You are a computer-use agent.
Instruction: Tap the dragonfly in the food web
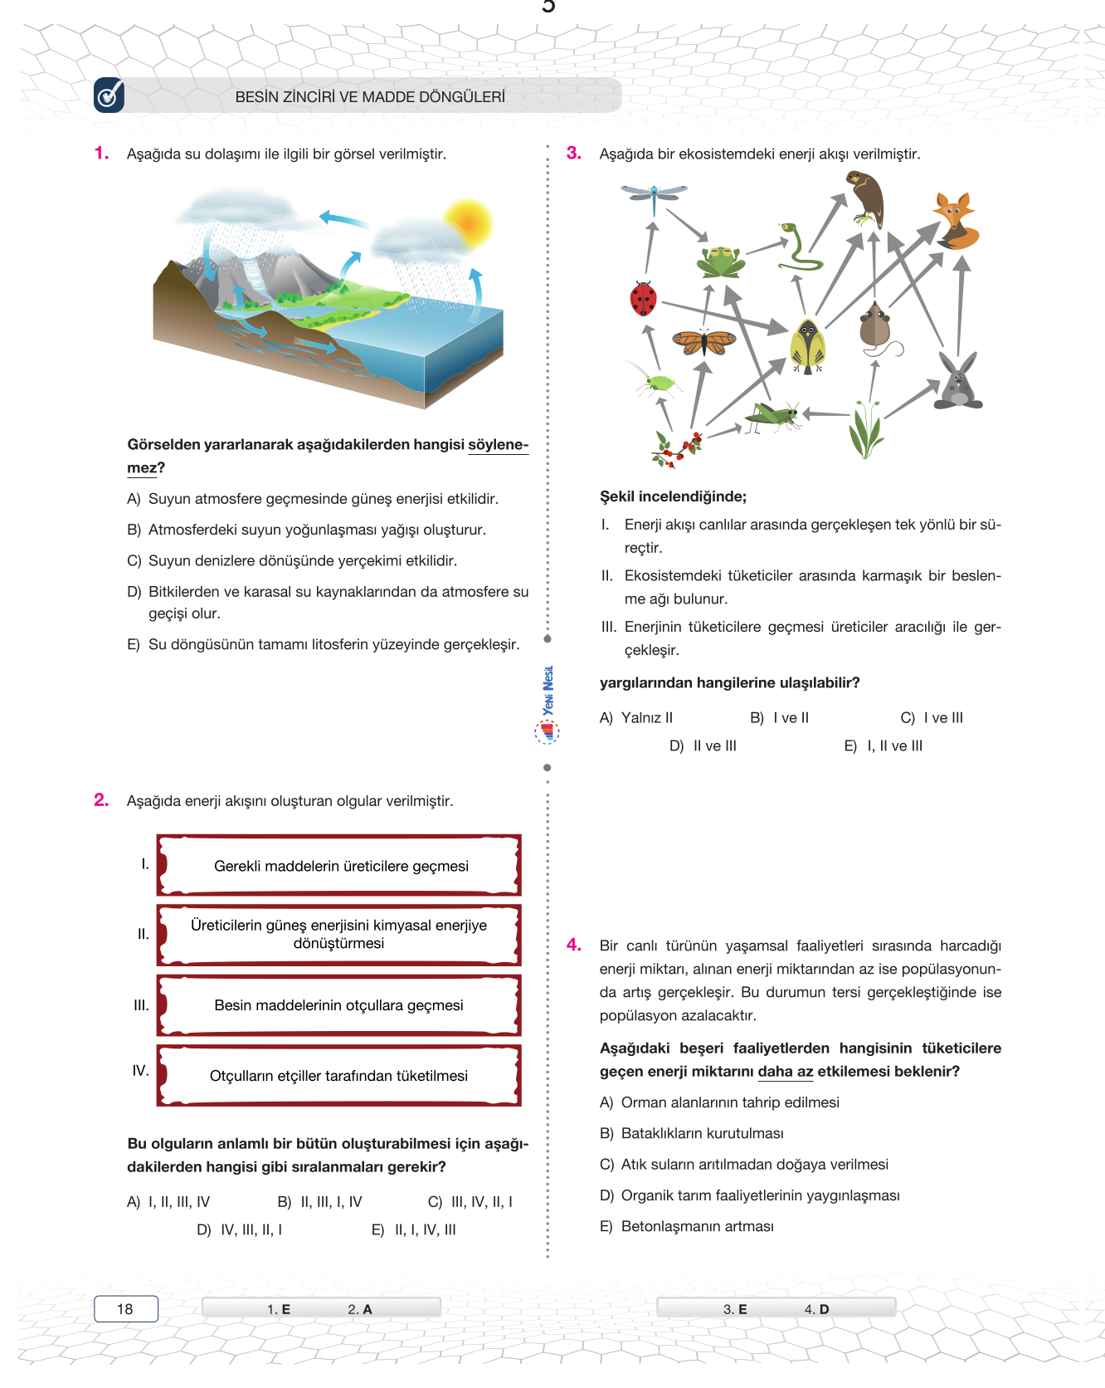pos(655,196)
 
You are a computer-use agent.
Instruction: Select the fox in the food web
pos(956,222)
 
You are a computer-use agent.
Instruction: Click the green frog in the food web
pos(721,261)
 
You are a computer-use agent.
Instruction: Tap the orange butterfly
pos(703,340)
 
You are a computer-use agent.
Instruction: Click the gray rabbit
pos(958,383)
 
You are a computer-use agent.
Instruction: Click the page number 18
pos(125,1309)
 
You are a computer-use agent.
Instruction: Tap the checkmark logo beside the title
pos(109,95)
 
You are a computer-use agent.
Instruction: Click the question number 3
pos(573,153)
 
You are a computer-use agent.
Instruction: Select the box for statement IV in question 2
pos(338,1075)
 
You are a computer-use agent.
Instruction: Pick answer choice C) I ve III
pos(932,718)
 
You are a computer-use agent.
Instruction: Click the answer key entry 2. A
pos(359,1309)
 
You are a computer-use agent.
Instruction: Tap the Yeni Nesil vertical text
pos(548,691)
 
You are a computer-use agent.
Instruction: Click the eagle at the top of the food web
pos(867,198)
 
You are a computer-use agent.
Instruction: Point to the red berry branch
pos(677,448)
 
